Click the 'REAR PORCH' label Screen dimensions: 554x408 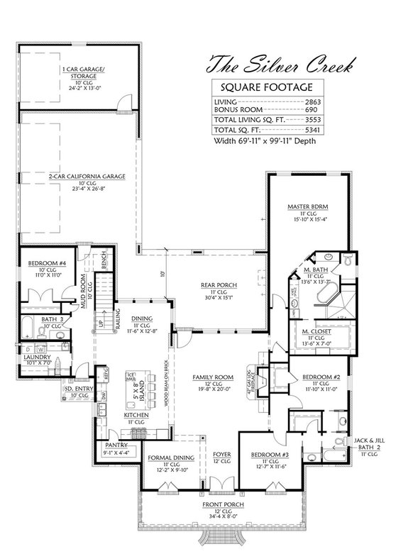pyautogui.click(x=223, y=285)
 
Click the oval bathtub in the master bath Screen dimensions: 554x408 pyautogui.click(x=328, y=293)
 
